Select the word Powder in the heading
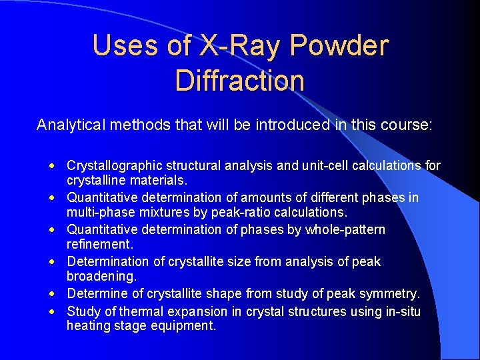(339, 45)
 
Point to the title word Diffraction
(240, 81)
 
